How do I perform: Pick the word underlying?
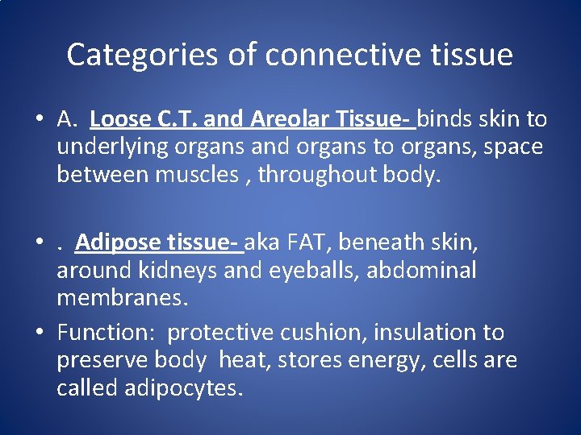pos(103,147)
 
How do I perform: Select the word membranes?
pos(122,297)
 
